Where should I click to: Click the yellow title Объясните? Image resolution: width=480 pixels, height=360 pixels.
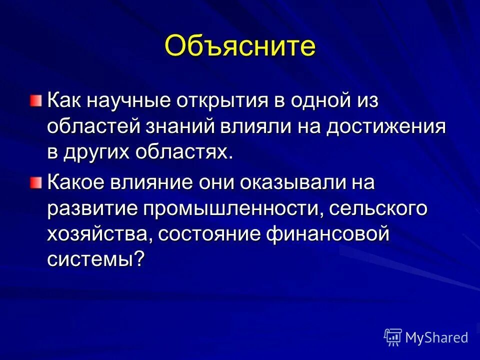tap(240, 46)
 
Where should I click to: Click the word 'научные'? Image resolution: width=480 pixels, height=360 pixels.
tap(132, 100)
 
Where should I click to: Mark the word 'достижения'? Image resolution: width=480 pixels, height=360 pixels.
tap(386, 127)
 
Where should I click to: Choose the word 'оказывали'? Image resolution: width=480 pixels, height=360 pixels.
tap(285, 183)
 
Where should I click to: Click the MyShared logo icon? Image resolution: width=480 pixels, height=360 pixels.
tap(393, 337)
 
